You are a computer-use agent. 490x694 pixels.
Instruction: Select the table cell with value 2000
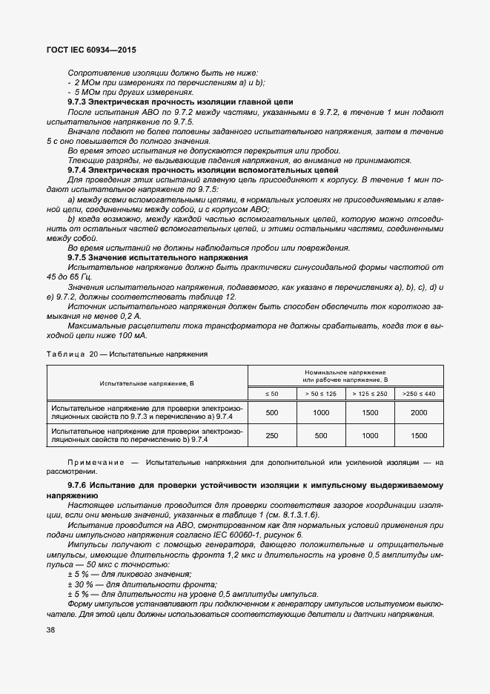(x=419, y=412)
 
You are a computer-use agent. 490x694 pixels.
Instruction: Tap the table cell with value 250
(x=271, y=435)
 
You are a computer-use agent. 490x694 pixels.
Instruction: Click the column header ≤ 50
(x=271, y=393)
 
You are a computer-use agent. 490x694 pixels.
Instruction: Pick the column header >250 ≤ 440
(x=419, y=393)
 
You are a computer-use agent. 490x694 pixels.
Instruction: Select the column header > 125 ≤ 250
(x=370, y=393)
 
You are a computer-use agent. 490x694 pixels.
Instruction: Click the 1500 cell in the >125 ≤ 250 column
(x=370, y=412)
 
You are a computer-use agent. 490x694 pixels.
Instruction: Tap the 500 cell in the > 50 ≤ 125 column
(x=320, y=435)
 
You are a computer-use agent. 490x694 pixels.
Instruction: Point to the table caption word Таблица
(x=65, y=354)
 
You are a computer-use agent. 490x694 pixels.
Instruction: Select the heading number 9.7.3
(x=79, y=102)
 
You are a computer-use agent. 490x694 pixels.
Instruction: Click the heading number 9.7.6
(x=79, y=486)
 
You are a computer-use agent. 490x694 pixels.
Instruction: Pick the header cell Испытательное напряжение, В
(x=148, y=383)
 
